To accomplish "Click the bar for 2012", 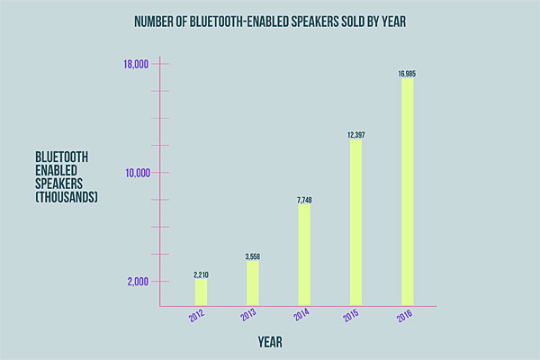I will click(201, 292).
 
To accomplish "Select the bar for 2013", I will click(252, 283).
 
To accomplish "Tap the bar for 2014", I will click(304, 255).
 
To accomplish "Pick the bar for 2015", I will click(355, 222).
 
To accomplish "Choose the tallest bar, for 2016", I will click(408, 192).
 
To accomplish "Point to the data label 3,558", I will click(253, 256).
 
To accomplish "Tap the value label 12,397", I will click(355, 135).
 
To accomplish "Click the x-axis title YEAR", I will click(271, 342).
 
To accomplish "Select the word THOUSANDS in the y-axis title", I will click(66, 196).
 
